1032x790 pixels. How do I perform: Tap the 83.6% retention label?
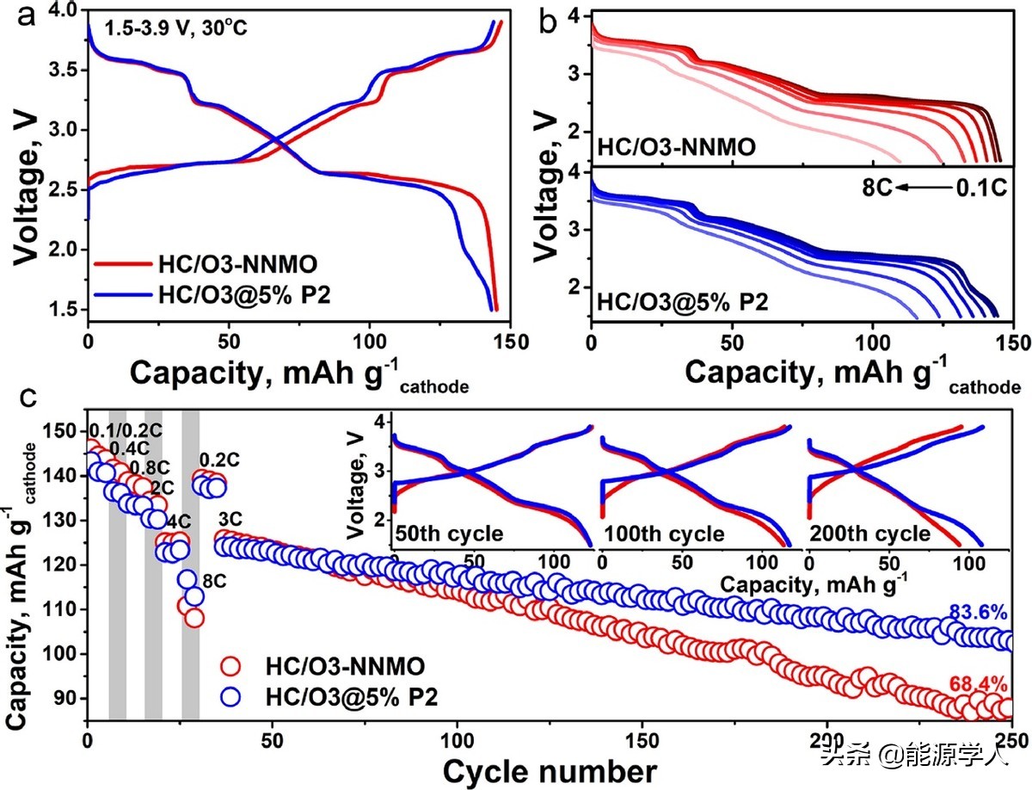pos(977,613)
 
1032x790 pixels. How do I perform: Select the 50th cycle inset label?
pos(448,534)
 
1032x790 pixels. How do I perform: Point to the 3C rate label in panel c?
pos(230,519)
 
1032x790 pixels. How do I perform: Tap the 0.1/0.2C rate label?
pos(125,430)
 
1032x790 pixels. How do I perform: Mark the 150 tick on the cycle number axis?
pos(642,740)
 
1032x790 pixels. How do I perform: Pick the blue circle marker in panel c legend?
pos(233,695)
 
